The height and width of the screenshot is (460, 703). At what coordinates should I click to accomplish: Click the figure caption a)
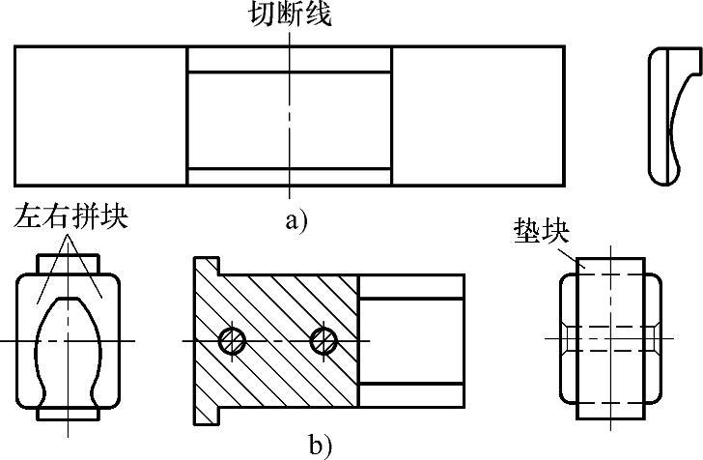pyautogui.click(x=295, y=219)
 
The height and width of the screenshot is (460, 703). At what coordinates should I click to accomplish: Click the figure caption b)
pyautogui.click(x=321, y=446)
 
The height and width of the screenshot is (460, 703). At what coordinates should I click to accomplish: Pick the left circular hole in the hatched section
pyautogui.click(x=232, y=340)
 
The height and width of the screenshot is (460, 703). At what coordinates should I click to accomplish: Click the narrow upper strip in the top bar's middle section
pyautogui.click(x=290, y=59)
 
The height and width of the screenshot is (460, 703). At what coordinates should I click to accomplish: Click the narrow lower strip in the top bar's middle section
pyautogui.click(x=290, y=176)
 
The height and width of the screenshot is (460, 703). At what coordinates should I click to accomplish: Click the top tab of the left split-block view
pyautogui.click(x=69, y=264)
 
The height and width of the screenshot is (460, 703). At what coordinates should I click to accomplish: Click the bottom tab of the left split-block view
pyautogui.click(x=69, y=416)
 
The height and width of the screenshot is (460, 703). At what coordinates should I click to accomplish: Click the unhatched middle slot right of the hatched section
pyautogui.click(x=410, y=340)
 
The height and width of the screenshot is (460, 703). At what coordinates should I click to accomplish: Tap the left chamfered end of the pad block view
pyautogui.click(x=569, y=340)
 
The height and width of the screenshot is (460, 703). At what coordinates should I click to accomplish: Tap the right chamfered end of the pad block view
pyautogui.click(x=654, y=340)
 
